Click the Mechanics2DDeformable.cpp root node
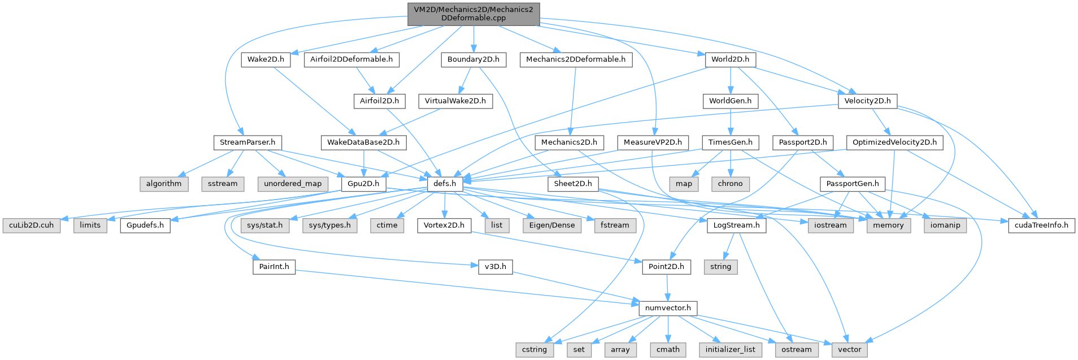point(473,14)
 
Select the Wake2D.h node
point(266,59)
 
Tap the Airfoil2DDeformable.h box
point(351,59)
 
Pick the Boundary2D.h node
point(473,59)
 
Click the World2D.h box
point(730,59)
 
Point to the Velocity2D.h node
point(867,101)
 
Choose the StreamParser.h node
point(247,142)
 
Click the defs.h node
point(445,184)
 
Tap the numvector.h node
point(668,308)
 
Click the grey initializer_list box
point(730,349)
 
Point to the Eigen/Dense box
point(551,225)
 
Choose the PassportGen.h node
point(852,184)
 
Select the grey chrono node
point(730,184)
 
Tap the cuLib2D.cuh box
point(32,225)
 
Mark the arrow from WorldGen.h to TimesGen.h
point(731,122)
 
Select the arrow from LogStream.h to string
point(727,246)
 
